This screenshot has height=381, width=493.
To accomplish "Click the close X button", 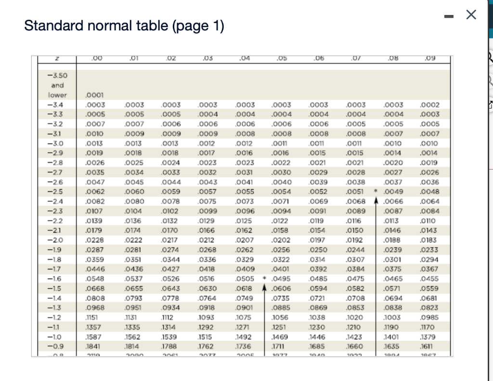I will tap(471, 16).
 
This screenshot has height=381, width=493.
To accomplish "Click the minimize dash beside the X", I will tap(449, 16).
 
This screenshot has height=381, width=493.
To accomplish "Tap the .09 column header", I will tap(429, 59).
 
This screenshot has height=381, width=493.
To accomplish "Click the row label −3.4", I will tap(57, 104).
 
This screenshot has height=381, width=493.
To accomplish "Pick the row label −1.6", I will tap(57, 279).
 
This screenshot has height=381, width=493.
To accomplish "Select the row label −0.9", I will tap(57, 347).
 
